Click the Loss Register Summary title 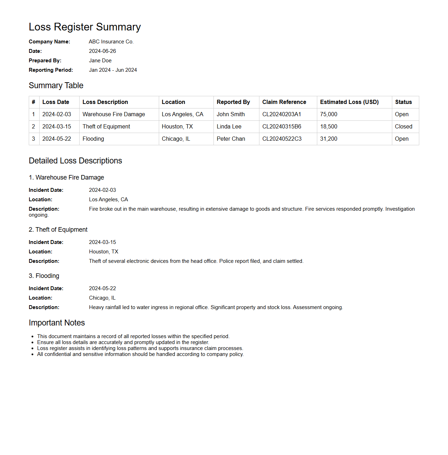point(84,27)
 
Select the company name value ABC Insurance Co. point(111,42)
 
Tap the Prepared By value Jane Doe point(100,61)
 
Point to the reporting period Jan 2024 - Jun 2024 point(113,70)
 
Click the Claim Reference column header point(284,102)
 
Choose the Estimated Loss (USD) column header point(349,102)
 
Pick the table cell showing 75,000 point(328,114)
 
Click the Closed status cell point(403,127)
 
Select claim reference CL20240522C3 point(282,139)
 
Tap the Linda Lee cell point(229,127)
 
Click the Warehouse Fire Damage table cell point(114,114)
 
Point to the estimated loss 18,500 point(328,127)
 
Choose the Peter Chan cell point(231,139)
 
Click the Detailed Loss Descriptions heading point(75,161)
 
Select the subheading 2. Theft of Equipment point(58,230)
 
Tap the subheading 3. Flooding point(44,276)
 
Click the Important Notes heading point(57,323)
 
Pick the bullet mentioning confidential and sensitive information point(140,354)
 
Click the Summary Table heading point(56,85)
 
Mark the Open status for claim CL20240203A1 point(401,114)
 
